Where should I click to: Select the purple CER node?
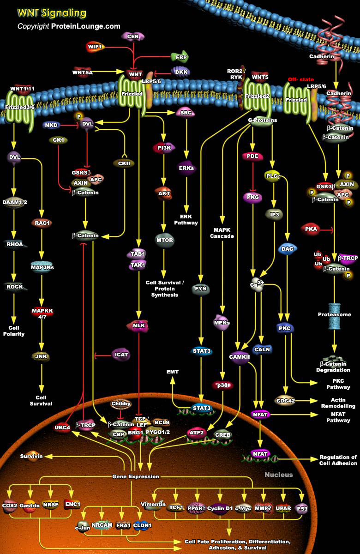pyautogui.click(x=133, y=36)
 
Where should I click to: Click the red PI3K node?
pyautogui.click(x=162, y=148)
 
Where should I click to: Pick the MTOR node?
pyautogui.click(x=164, y=241)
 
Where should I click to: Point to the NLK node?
pyautogui.click(x=139, y=326)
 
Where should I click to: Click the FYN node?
pyautogui.click(x=201, y=289)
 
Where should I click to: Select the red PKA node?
pyautogui.click(x=310, y=229)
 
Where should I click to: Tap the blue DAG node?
pyautogui.click(x=287, y=249)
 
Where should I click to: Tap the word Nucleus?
pyautogui.click(x=278, y=474)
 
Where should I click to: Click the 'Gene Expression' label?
pyautogui.click(x=136, y=476)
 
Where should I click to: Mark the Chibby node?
pyautogui.click(x=121, y=404)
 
